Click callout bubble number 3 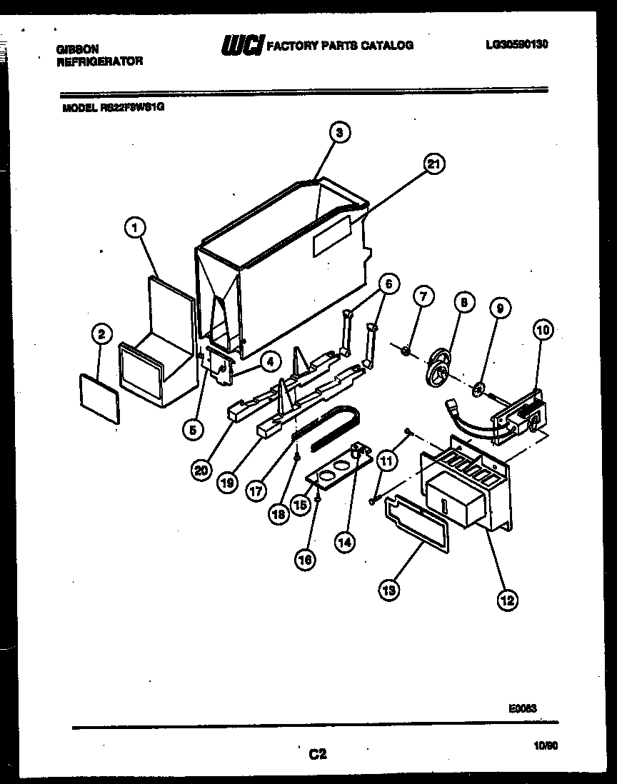point(340,132)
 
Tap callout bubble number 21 point(432,164)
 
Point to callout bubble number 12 point(507,600)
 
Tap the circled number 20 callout point(201,469)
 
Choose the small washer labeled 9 point(479,389)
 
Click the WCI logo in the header point(243,46)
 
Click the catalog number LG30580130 point(516,44)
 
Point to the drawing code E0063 point(523,708)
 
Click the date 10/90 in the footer point(546,744)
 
